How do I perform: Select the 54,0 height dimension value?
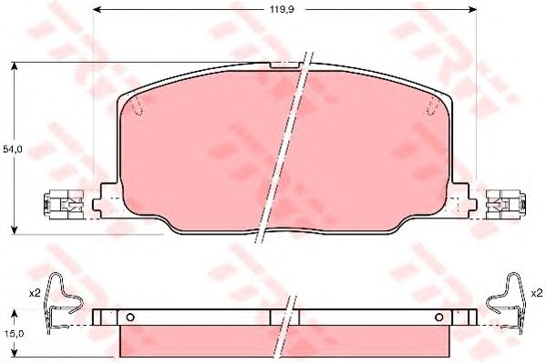click(11, 147)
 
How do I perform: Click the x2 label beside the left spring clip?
click(35, 293)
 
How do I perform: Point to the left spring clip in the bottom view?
click(64, 303)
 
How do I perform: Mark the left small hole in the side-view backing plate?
click(130, 318)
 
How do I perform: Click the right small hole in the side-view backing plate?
click(439, 318)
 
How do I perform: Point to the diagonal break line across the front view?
click(284, 146)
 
